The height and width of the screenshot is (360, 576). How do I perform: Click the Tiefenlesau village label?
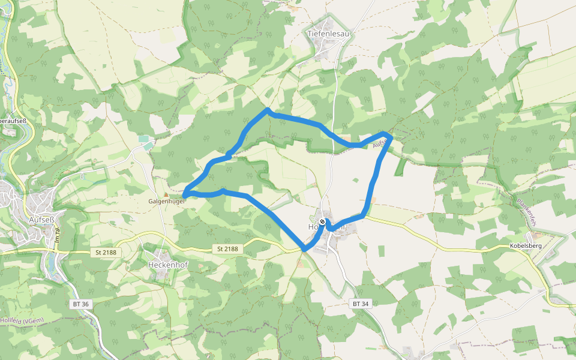pyautogui.click(x=328, y=34)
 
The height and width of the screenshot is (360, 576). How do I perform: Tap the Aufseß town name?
pyautogui.click(x=41, y=220)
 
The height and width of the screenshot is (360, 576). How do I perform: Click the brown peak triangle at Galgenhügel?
pyautogui.click(x=166, y=194)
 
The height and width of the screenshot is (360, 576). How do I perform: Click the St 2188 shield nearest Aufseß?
pyautogui.click(x=106, y=253)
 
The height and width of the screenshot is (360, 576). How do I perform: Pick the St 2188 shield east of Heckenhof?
pyautogui.click(x=227, y=249)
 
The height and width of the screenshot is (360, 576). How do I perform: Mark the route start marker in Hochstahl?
pyautogui.click(x=322, y=223)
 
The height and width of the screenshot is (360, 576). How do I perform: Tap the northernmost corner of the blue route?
pyautogui.click(x=267, y=110)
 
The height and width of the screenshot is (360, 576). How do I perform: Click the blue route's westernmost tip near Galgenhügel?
pyautogui.click(x=184, y=193)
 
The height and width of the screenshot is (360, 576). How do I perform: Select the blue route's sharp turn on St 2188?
pyautogui.click(x=304, y=249)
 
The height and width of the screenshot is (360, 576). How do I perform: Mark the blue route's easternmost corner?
pyautogui.click(x=391, y=138)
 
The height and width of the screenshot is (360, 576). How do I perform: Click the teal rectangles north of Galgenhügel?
pyautogui.click(x=144, y=142)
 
